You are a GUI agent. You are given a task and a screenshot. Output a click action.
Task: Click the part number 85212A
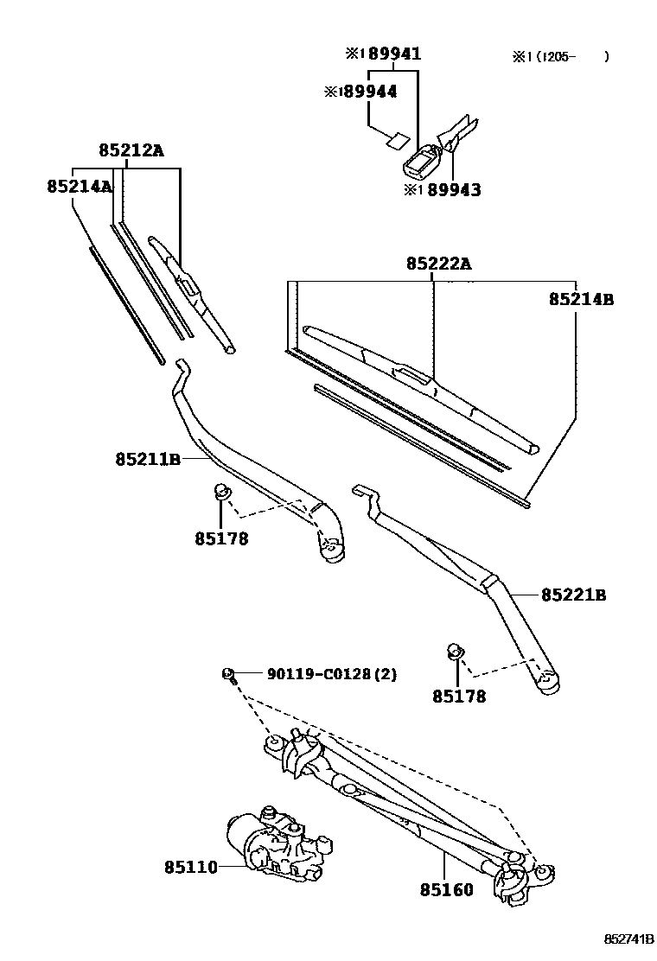point(131,150)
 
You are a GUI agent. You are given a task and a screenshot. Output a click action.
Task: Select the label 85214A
point(79,186)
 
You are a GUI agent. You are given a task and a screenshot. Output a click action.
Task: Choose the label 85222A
point(439,264)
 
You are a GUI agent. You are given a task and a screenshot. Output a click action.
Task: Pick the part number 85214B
point(581,299)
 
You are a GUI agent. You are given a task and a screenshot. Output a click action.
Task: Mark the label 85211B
point(147,459)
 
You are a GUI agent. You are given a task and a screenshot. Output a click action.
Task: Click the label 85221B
point(573,595)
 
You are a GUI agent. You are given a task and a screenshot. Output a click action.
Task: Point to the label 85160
point(447,889)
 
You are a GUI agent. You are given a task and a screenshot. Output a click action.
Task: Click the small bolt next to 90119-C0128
point(230,674)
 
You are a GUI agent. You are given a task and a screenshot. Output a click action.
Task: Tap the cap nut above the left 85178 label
point(221,493)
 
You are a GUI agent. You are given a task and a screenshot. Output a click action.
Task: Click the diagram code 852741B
point(628,939)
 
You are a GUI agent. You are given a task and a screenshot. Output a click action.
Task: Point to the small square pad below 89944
point(397,138)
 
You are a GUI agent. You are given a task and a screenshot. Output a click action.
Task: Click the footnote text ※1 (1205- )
point(560,57)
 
